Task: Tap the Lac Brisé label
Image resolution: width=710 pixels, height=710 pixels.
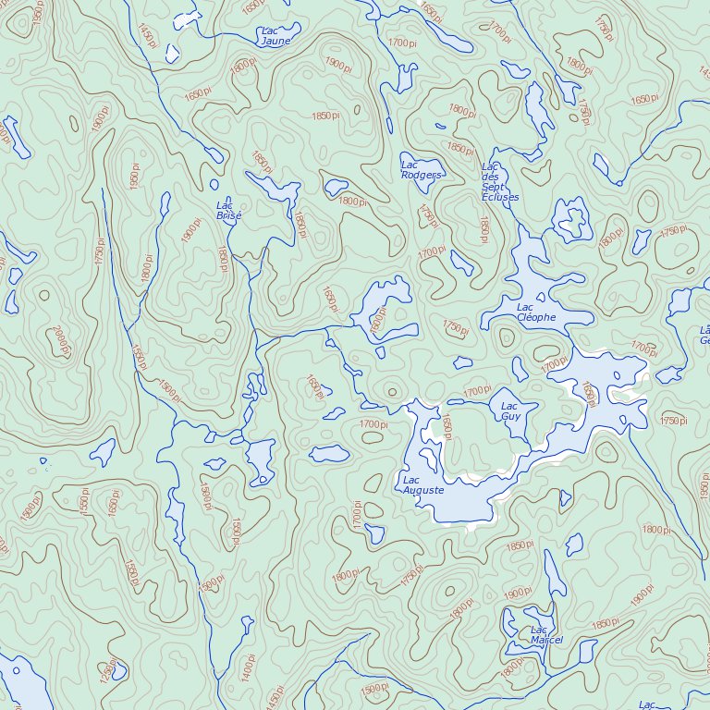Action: (227, 211)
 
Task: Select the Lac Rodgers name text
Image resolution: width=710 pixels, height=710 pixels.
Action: (421, 169)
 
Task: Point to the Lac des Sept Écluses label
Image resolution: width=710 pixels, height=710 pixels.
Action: (499, 182)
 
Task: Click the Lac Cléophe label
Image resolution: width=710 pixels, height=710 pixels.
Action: (536, 312)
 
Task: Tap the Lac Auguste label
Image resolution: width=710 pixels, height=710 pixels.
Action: (423, 485)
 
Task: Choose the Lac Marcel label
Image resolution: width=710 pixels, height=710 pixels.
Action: (546, 635)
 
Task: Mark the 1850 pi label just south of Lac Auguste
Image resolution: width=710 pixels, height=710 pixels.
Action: (520, 545)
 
